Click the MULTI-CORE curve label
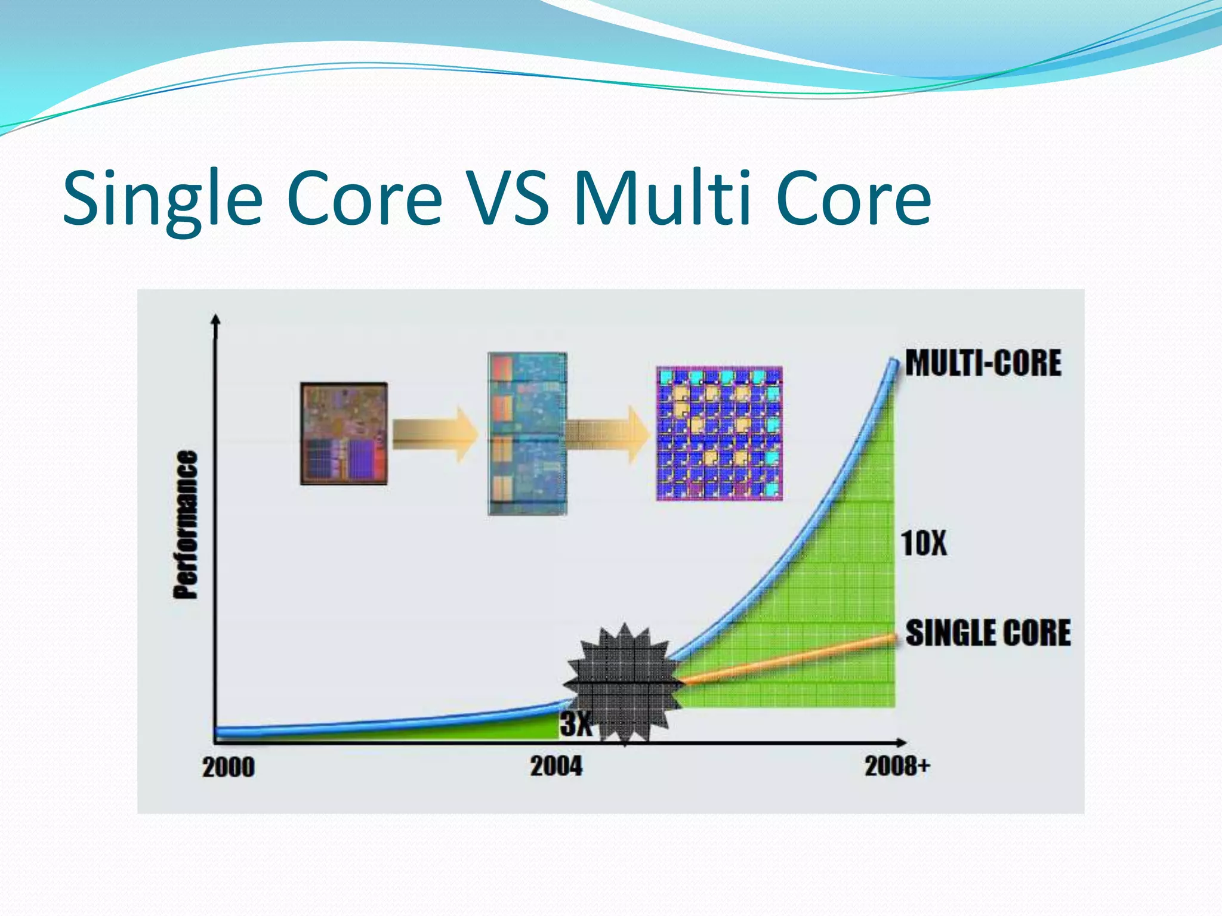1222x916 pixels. [x=983, y=363]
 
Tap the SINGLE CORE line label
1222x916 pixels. [x=988, y=633]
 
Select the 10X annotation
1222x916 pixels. [x=923, y=543]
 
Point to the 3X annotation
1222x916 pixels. [x=575, y=724]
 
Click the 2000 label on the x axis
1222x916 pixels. [x=229, y=767]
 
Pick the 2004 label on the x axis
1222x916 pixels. [x=556, y=766]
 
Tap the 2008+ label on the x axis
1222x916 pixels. [x=897, y=766]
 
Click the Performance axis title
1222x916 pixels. [x=186, y=524]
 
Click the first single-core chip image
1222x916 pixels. [x=344, y=434]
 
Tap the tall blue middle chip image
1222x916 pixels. [x=527, y=434]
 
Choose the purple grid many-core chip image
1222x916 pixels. [x=719, y=434]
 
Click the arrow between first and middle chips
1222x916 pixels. [x=436, y=434]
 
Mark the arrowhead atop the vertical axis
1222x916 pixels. [x=216, y=320]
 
